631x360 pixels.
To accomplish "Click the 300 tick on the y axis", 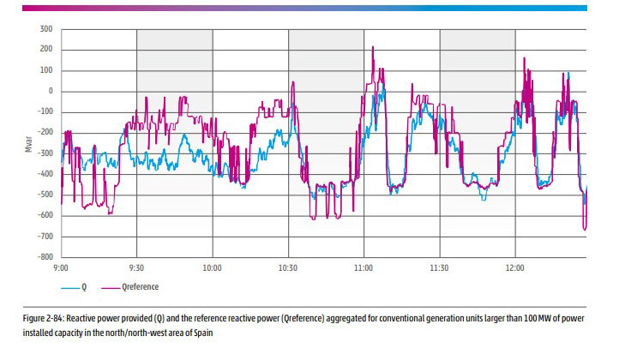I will tap(46, 29).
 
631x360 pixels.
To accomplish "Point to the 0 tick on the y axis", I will tap(50, 92).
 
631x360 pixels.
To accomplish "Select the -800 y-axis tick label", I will tap(44, 257).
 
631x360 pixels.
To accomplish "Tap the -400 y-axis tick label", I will tap(44, 174).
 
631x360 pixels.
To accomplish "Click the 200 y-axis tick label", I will tap(46, 50).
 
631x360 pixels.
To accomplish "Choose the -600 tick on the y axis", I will tap(44, 216).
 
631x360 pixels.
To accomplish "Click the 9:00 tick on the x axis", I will tap(62, 267).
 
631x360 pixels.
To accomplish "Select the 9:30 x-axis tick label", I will tap(137, 267).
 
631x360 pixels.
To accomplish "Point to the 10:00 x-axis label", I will tap(213, 267).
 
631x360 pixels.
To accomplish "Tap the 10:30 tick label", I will tap(288, 267).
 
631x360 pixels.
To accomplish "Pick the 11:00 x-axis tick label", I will tap(364, 267).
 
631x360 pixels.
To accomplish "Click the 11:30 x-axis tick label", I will tap(439, 267).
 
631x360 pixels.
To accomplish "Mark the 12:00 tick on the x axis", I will tap(514, 267).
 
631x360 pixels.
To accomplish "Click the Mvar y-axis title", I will tap(28, 143).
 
